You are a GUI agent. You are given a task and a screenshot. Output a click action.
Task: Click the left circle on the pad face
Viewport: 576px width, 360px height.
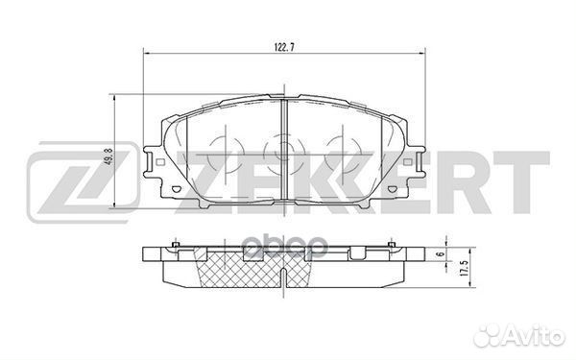pyautogui.click(x=228, y=151)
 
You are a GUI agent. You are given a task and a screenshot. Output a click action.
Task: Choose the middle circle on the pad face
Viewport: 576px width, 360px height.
pyautogui.click(x=281, y=151)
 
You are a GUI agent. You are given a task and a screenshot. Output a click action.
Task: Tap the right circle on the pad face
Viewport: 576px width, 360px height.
pyautogui.click(x=336, y=151)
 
